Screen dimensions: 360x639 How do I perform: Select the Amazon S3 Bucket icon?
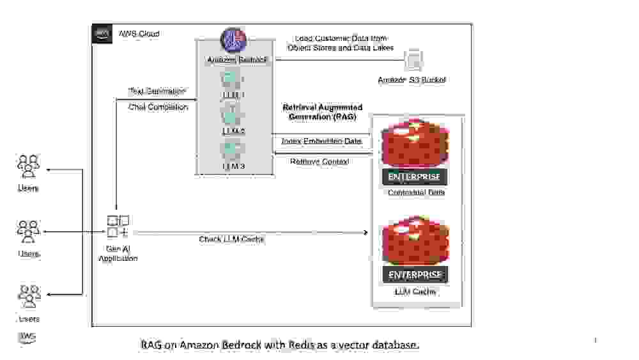pyautogui.click(x=413, y=60)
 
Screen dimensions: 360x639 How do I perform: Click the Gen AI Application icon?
pyautogui.click(x=118, y=226)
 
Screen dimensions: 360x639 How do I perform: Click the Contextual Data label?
pyautogui.click(x=415, y=192)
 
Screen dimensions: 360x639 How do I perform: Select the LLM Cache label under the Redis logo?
pyautogui.click(x=415, y=292)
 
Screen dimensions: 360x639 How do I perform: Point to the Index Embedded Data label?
pyautogui.click(x=321, y=141)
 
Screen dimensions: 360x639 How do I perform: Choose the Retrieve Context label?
pyautogui.click(x=319, y=162)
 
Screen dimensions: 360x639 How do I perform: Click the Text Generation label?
pyautogui.click(x=157, y=91)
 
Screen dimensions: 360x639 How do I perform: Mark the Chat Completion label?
pyautogui.click(x=158, y=107)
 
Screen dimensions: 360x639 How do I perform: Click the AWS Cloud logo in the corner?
pyautogui.click(x=102, y=33)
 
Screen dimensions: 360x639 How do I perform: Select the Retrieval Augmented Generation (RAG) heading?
pyautogui.click(x=322, y=112)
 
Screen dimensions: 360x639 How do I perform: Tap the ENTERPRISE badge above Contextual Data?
pyautogui.click(x=415, y=176)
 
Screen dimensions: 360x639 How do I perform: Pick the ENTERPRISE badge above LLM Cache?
pyautogui.click(x=415, y=275)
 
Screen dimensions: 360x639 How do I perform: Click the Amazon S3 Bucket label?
pyautogui.click(x=412, y=80)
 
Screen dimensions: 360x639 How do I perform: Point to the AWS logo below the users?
pyautogui.click(x=27, y=337)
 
